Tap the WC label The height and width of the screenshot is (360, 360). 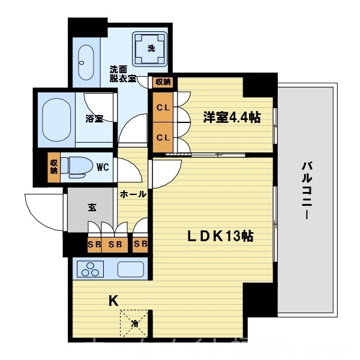point(103,167)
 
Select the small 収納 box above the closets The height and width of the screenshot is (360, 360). point(163,82)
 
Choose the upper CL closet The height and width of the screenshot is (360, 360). point(163,109)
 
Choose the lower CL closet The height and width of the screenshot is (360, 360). point(163,137)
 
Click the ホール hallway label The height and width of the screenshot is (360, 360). point(131,194)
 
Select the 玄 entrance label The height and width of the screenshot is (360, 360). point(92,208)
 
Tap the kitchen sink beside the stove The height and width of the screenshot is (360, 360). point(130,269)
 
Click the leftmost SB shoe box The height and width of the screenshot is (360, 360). point(94,244)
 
